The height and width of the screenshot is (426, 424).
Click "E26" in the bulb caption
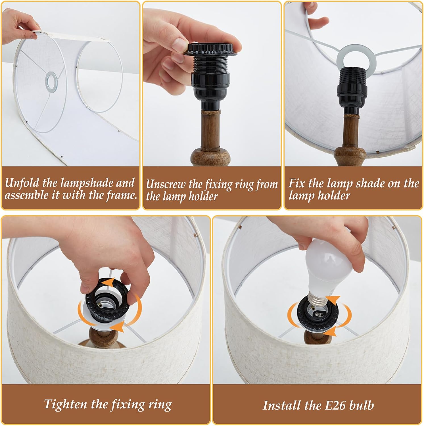pyautogui.click(x=335, y=405)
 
